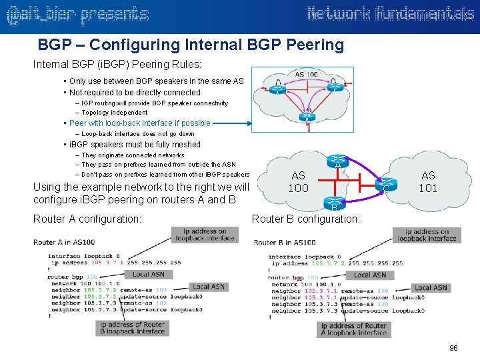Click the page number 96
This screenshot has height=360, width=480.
click(x=454, y=349)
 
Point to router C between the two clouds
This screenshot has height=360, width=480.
click(x=385, y=185)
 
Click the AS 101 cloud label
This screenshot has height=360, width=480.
click(x=428, y=182)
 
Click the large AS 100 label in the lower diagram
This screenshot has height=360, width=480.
click(x=298, y=182)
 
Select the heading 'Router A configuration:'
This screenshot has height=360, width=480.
click(x=87, y=218)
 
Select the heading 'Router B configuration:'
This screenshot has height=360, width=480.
click(x=306, y=218)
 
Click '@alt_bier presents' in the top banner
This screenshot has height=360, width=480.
click(x=77, y=15)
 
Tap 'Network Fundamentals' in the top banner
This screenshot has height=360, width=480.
click(x=390, y=14)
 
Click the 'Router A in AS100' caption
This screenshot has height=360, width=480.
click(x=64, y=242)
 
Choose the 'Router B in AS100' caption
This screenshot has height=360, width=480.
click(x=285, y=243)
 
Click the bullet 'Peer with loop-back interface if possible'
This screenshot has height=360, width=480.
click(x=139, y=123)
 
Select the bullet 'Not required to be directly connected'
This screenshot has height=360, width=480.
click(x=135, y=93)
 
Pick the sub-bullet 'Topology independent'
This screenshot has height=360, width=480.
click(x=114, y=113)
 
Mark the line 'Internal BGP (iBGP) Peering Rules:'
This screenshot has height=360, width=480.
click(x=117, y=65)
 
